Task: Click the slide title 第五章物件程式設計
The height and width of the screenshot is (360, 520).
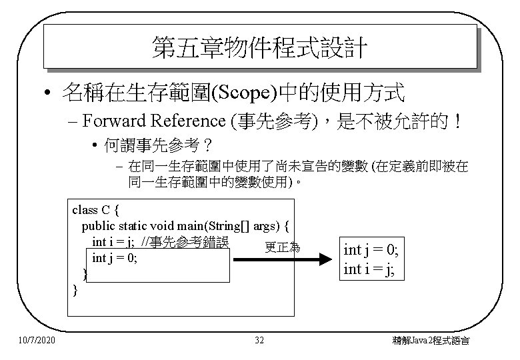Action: coord(259,47)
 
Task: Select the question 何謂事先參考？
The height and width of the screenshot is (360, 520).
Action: coord(143,145)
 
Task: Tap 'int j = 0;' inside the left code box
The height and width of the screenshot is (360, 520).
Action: coord(115,258)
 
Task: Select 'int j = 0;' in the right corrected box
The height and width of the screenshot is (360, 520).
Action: coord(371,251)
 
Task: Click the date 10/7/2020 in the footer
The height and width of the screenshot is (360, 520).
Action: coord(37,341)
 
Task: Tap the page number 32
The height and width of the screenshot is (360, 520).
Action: coord(260,341)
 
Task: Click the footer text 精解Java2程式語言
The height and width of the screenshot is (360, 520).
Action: coord(431,341)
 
